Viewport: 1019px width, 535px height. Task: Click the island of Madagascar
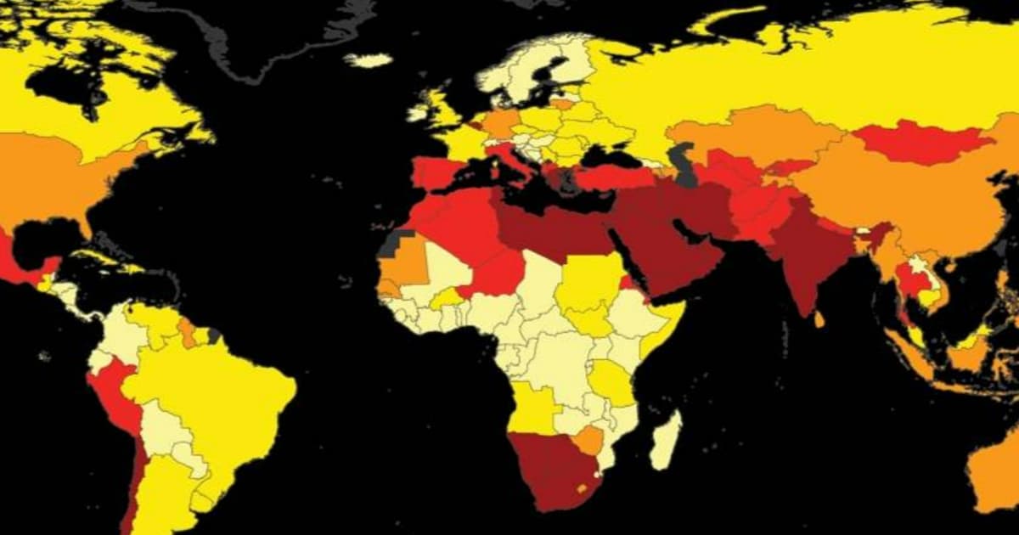(x=666, y=441)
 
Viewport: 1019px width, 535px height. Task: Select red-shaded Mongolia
(x=921, y=142)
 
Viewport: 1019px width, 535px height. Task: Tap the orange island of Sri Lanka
(x=819, y=320)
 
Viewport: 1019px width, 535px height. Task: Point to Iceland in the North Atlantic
(x=368, y=60)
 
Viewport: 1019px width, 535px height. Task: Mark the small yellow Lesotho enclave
(x=583, y=488)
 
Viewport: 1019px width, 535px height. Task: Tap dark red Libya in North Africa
(x=543, y=225)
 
